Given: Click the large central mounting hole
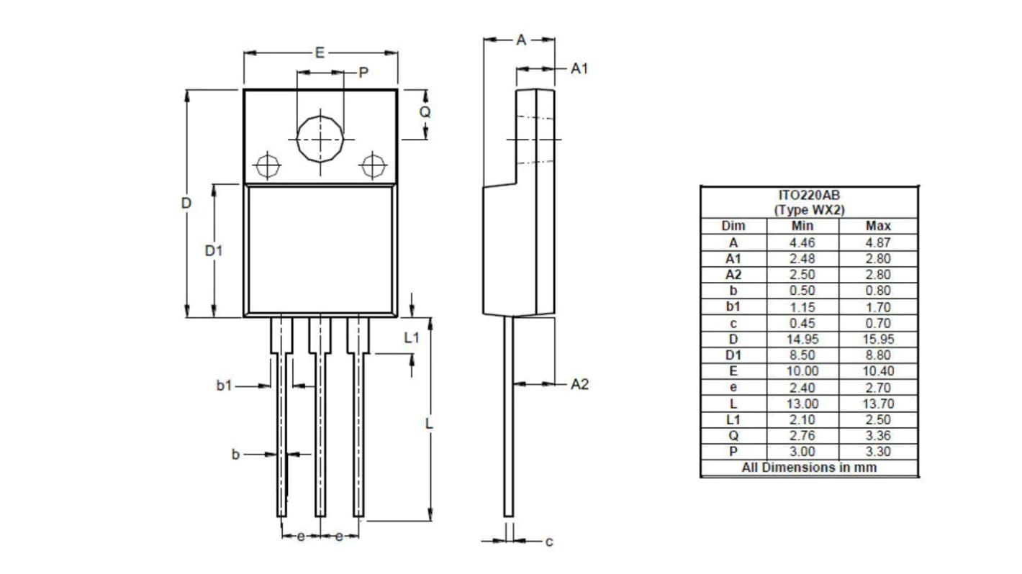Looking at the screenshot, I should (x=320, y=137).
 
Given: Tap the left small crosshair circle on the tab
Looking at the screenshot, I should (x=268, y=165).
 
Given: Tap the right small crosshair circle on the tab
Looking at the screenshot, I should (x=373, y=165).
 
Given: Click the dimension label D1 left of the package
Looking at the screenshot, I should (x=214, y=250).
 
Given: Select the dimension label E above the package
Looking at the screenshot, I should (x=320, y=53).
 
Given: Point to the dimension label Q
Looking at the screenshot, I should (x=425, y=112).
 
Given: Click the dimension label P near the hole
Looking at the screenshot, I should (x=363, y=73).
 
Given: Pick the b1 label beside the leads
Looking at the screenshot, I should (x=225, y=386).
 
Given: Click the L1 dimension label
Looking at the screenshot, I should (x=411, y=337).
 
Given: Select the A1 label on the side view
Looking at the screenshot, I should (x=579, y=68).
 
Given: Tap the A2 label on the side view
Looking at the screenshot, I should (x=579, y=384).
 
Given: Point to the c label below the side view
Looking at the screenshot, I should (x=549, y=541).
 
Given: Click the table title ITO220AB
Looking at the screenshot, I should (x=809, y=195).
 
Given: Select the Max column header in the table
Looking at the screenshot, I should (x=878, y=226).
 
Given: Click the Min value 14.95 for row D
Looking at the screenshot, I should (x=802, y=339).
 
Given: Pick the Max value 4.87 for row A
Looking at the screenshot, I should (x=878, y=242).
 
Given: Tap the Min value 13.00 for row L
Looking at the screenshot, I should (x=802, y=404).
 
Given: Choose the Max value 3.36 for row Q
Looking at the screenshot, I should (x=878, y=436).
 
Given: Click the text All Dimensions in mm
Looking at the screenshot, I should (x=809, y=468).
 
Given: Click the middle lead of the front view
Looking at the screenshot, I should (x=320, y=432).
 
